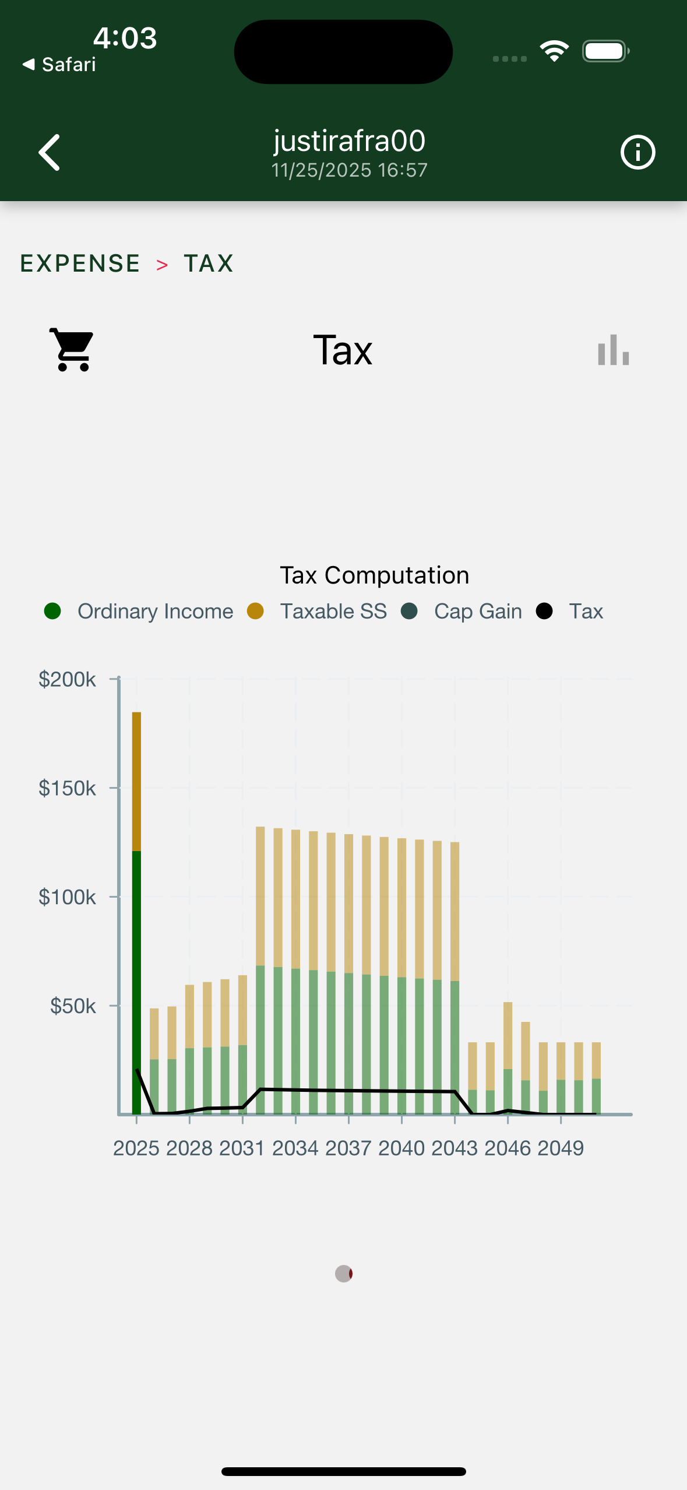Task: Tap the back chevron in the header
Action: [50, 153]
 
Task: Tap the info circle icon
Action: [637, 153]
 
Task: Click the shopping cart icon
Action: [72, 349]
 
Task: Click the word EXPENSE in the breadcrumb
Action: [80, 263]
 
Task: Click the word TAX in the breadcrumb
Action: [209, 263]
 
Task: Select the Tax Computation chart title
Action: [374, 575]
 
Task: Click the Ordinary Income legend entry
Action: [155, 612]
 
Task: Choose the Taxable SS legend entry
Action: [333, 612]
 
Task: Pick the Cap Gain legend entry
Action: [477, 612]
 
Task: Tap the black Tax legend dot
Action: [544, 612]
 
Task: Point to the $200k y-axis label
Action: [67, 680]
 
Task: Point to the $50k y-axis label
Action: [73, 1006]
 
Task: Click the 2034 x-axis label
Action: [295, 1148]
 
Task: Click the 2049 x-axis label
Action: [560, 1148]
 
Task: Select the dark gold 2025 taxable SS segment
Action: [136, 781]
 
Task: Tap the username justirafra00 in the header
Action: [349, 141]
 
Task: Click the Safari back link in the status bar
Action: [59, 65]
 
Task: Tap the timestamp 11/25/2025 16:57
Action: [349, 170]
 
